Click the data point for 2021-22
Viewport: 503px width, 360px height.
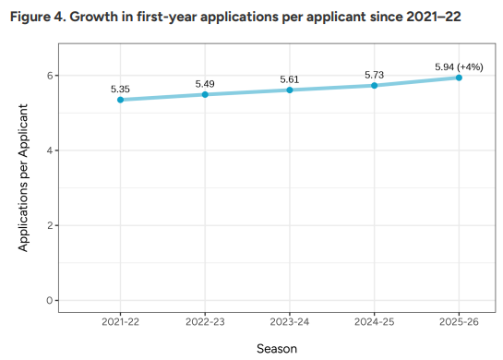point(120,100)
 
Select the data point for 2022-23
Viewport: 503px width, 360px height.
point(205,94)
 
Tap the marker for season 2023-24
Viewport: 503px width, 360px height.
point(290,90)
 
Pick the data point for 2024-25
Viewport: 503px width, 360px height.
point(375,85)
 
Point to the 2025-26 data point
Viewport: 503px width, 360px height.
point(459,78)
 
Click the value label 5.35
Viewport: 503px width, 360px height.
point(120,89)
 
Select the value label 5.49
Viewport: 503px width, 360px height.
point(205,84)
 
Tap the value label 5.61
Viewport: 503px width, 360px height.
point(290,79)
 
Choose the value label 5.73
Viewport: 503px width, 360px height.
point(375,75)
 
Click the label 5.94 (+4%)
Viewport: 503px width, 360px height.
point(459,67)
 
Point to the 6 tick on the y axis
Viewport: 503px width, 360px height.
point(54,76)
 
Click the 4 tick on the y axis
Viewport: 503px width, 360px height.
point(54,150)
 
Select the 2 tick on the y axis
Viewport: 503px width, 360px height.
point(54,225)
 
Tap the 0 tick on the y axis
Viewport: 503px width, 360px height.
point(54,300)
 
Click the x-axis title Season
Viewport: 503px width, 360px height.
point(277,347)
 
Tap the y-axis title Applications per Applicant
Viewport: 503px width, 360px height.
point(24,178)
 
